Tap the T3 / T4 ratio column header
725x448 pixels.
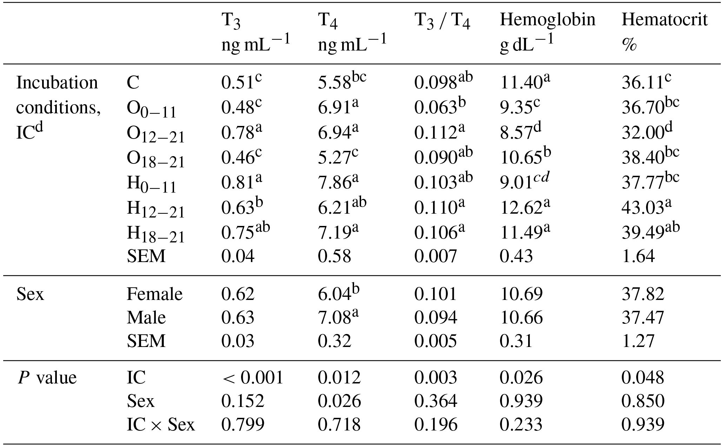[x=442, y=21]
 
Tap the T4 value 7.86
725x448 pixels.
[x=334, y=183]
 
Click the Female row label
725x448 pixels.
[x=154, y=294]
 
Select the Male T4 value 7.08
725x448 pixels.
[x=334, y=317]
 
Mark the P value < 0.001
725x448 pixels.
[x=252, y=378]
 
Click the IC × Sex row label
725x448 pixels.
[x=160, y=425]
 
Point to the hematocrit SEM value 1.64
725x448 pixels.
[x=638, y=256]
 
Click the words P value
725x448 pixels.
[x=47, y=378]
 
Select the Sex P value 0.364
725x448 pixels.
[x=435, y=401]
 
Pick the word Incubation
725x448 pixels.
[x=57, y=83]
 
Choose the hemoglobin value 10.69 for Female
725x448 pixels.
[x=521, y=294]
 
